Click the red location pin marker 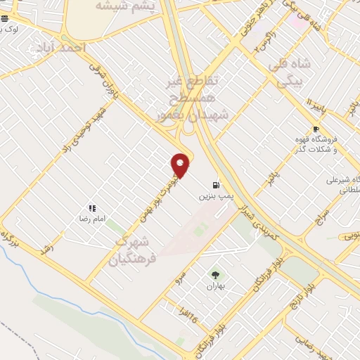(x=181, y=165)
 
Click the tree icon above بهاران (x=215, y=275)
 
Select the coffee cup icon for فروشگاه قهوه (x=316, y=129)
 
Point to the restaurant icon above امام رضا (x=91, y=208)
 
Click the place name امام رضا (x=91, y=219)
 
